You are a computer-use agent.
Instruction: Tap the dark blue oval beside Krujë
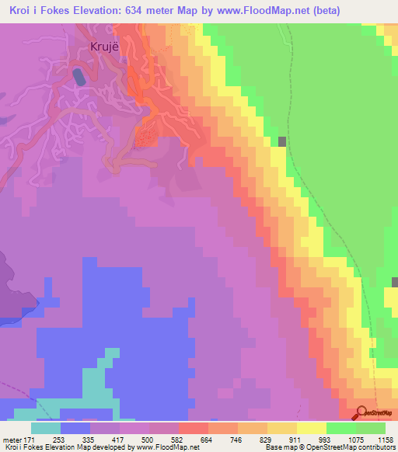(79, 77)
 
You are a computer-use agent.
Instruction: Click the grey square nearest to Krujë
(282, 141)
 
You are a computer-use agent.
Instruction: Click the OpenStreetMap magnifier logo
(362, 412)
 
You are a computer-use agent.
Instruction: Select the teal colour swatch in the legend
(46, 428)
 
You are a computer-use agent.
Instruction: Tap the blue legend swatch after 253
(75, 428)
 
